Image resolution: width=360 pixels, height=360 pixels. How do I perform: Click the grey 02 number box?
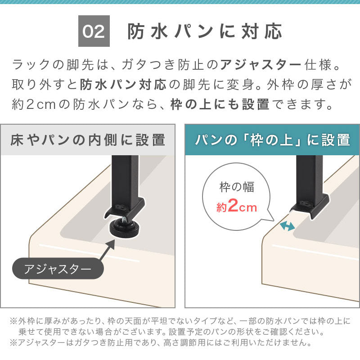[x=94, y=31]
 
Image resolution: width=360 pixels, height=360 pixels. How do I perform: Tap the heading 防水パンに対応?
[x=205, y=31]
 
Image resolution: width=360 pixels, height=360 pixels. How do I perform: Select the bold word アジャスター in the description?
[x=261, y=65]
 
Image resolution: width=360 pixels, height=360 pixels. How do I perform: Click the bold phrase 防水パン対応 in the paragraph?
[x=123, y=85]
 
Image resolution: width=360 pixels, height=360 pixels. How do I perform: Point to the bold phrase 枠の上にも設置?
[x=220, y=104]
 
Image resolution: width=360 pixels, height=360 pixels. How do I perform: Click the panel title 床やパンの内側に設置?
[x=88, y=140]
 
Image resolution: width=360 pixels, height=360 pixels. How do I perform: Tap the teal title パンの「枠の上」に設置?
[x=272, y=140]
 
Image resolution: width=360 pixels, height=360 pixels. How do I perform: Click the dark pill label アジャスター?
[x=58, y=268]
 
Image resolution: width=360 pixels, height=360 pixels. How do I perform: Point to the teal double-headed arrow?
[x=287, y=226]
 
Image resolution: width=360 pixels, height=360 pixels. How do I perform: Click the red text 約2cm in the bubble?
[x=237, y=206]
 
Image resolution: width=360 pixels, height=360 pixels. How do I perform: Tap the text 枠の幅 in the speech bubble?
[x=237, y=187]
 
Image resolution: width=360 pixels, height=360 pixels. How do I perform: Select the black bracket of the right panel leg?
[x=310, y=206]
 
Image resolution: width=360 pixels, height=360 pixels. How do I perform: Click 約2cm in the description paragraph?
[x=34, y=104]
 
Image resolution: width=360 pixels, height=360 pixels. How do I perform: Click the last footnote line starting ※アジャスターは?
[x=161, y=342]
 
